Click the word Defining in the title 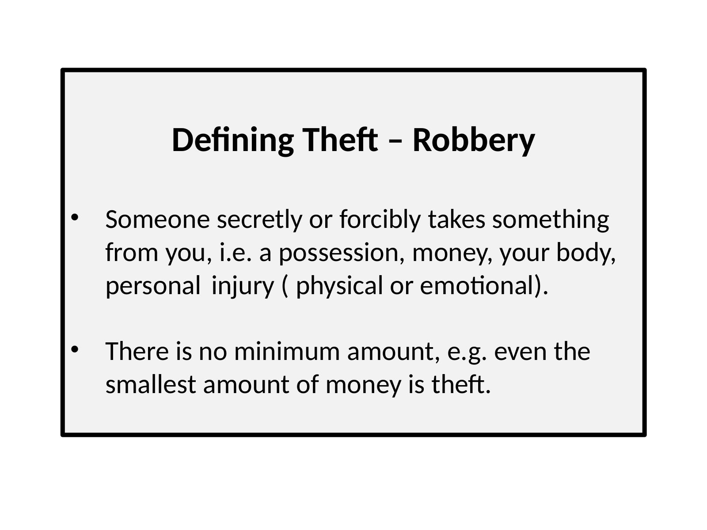[x=232, y=140]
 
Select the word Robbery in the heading [x=474, y=140]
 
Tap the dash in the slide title [x=395, y=142]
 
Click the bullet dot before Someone [x=74, y=218]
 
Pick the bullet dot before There [x=74, y=349]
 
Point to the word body [x=586, y=253]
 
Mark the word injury [x=243, y=286]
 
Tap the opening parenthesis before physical [x=285, y=286]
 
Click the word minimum [x=287, y=352]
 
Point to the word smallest [x=151, y=384]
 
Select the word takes [x=457, y=220]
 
